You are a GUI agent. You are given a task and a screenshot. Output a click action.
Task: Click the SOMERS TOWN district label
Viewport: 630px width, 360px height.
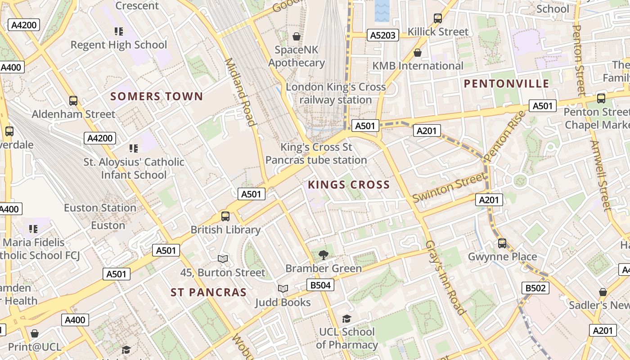click(157, 96)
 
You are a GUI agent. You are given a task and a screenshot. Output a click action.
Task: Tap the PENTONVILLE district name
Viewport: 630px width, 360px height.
click(506, 84)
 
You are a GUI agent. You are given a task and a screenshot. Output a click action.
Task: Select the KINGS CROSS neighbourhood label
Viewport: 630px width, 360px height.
click(349, 184)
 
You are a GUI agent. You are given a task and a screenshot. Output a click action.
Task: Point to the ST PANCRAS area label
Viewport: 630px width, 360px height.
click(209, 292)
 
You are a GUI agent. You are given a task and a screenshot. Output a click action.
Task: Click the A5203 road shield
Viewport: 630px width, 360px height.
click(382, 35)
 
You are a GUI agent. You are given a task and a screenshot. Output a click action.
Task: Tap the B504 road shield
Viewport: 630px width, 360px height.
click(320, 285)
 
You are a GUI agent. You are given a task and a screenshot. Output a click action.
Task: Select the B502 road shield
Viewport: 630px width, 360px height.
click(535, 288)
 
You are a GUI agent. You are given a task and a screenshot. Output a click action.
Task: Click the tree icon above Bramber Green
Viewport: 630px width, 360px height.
click(323, 255)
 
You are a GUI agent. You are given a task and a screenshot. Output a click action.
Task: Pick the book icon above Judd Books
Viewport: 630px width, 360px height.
click(283, 288)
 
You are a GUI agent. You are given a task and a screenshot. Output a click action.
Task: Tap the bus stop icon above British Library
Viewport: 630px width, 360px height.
click(225, 216)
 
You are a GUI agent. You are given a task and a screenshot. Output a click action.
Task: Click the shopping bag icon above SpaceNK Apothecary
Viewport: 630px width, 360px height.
click(297, 36)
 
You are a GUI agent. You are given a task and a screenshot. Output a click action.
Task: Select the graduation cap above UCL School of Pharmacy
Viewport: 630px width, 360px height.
click(346, 319)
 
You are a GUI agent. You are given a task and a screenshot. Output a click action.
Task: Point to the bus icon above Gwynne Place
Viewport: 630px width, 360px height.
click(502, 243)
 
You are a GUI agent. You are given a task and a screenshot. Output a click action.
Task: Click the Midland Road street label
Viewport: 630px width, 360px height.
click(240, 92)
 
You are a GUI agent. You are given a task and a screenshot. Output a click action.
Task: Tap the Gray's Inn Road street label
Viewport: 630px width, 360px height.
click(445, 277)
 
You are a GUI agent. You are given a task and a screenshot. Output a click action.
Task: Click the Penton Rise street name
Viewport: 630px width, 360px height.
click(505, 136)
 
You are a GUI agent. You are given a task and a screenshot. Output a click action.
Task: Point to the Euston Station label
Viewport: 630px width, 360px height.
click(100, 208)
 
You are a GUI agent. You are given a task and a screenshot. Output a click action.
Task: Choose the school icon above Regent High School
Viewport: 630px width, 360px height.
click(119, 31)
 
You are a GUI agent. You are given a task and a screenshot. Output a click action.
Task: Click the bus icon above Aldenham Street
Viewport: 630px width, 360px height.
click(73, 101)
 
